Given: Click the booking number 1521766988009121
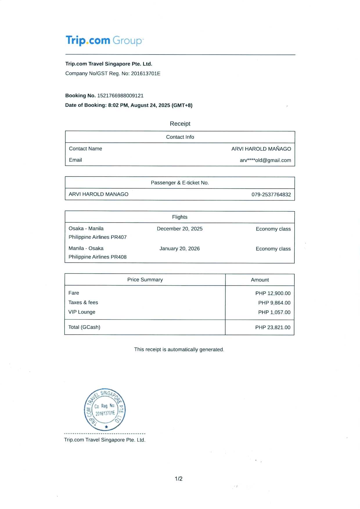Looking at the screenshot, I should point(120,95).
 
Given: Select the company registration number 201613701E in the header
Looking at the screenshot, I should point(145,73).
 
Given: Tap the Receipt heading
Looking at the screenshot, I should point(180,124).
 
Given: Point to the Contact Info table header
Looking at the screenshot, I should point(180,137).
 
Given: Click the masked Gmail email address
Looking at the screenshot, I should point(265,160).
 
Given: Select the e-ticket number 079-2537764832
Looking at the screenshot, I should point(271,194).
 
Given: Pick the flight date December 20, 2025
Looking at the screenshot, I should point(180,229).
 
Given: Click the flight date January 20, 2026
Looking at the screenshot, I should point(179,248).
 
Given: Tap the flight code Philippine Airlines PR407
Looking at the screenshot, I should point(98,237).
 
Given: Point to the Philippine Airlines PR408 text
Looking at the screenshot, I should point(98,257).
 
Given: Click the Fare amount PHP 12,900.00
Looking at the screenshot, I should point(273,293).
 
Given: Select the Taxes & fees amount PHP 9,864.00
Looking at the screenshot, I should point(274,303).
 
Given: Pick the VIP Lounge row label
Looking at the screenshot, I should point(82,312).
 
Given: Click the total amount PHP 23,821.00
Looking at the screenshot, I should point(273,327).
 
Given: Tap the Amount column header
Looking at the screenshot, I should point(260,280).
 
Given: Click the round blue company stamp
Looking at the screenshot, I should point(105,409).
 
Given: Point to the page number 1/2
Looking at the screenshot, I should point(179,479).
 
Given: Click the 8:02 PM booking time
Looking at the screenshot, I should point(118,105).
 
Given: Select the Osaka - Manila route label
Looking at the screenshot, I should point(86,228).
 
